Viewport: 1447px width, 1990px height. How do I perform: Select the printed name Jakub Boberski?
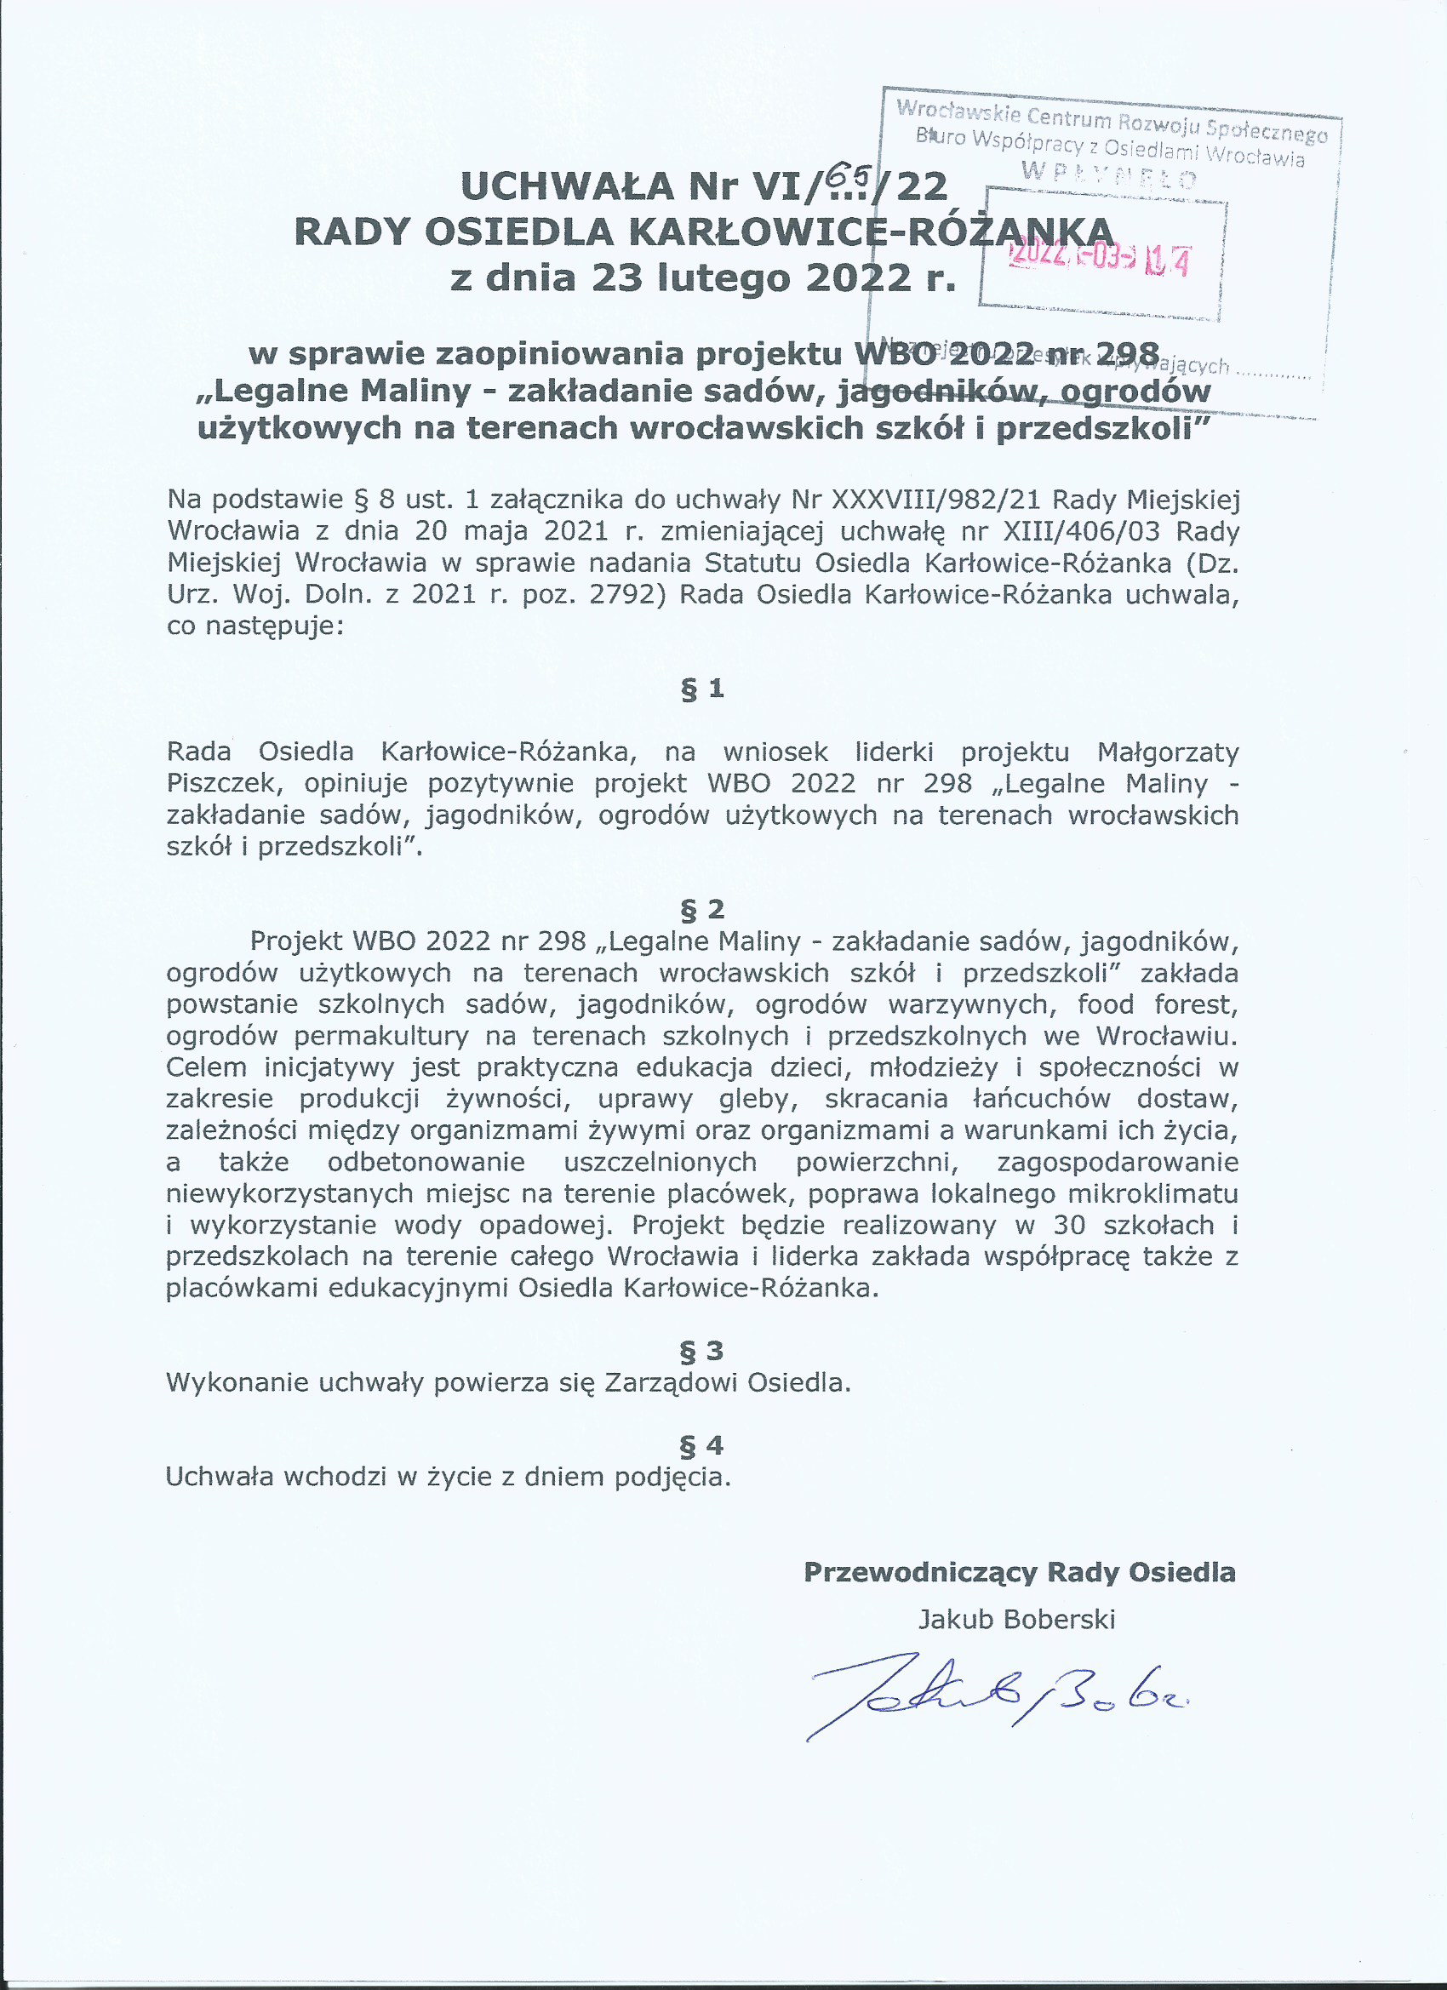(x=1016, y=1619)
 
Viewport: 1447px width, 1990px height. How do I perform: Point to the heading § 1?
(x=702, y=689)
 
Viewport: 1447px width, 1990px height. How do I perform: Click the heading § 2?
(x=702, y=909)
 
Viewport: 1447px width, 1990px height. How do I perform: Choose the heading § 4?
(x=702, y=1445)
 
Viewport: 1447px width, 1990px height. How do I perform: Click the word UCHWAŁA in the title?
(x=567, y=187)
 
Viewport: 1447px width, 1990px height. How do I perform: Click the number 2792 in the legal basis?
(x=622, y=595)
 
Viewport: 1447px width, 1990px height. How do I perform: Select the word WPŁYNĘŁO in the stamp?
(x=1109, y=176)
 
